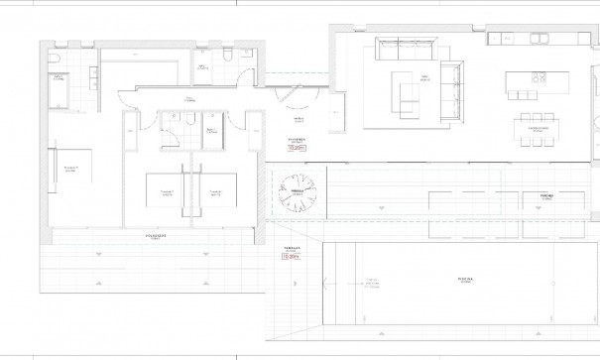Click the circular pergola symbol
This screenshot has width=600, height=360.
[295, 190]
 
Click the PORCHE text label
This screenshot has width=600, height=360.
[544, 196]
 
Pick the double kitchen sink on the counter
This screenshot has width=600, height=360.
[541, 39]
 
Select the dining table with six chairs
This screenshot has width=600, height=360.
[539, 128]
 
